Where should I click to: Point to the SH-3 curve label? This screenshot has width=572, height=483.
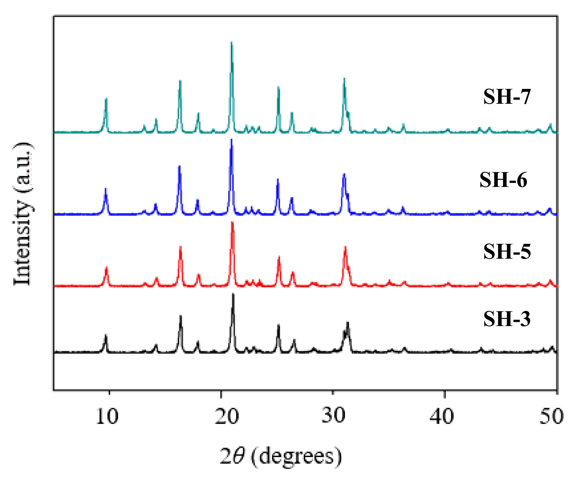507,319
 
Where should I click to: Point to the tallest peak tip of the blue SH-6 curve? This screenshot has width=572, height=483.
231,140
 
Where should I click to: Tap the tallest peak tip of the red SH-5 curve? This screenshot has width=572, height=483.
232,222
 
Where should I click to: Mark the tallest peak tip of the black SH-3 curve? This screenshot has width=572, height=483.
233,294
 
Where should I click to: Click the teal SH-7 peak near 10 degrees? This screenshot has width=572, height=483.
106,99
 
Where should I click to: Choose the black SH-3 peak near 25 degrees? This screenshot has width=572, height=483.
278,325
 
